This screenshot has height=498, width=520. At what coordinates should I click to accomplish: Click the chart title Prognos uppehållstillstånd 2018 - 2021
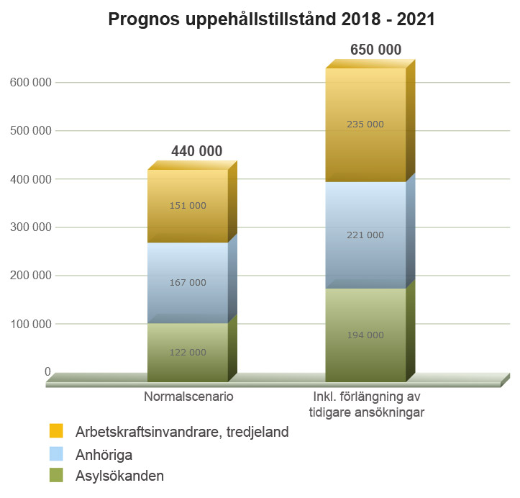(271, 19)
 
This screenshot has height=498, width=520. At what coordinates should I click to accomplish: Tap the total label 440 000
(196, 151)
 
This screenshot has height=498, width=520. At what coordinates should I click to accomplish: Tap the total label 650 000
(375, 50)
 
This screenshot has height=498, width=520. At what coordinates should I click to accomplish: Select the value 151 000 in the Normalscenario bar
(188, 206)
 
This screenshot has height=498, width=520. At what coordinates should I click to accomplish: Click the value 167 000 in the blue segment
(188, 283)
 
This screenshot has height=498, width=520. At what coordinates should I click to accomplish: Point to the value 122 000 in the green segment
(188, 353)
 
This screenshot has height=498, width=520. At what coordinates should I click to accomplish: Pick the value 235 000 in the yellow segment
(365, 124)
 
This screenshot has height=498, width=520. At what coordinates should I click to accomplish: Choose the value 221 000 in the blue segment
(365, 235)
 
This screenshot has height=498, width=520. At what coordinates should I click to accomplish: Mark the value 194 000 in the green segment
(365, 335)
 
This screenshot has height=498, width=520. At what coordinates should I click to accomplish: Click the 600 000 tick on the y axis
(30, 83)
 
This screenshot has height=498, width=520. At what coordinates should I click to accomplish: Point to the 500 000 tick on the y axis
(30, 131)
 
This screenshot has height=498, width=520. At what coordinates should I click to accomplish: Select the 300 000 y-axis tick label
(30, 227)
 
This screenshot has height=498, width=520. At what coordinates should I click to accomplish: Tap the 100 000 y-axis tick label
(30, 324)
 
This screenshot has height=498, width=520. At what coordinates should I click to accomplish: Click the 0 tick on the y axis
(47, 372)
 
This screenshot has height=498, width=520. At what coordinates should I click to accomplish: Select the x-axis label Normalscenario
(188, 397)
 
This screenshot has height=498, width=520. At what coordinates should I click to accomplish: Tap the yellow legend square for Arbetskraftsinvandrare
(57, 431)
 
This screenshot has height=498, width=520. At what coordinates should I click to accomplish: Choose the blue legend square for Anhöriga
(57, 453)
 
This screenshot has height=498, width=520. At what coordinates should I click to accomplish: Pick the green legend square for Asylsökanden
(57, 475)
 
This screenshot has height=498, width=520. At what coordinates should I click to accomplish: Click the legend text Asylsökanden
(119, 476)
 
